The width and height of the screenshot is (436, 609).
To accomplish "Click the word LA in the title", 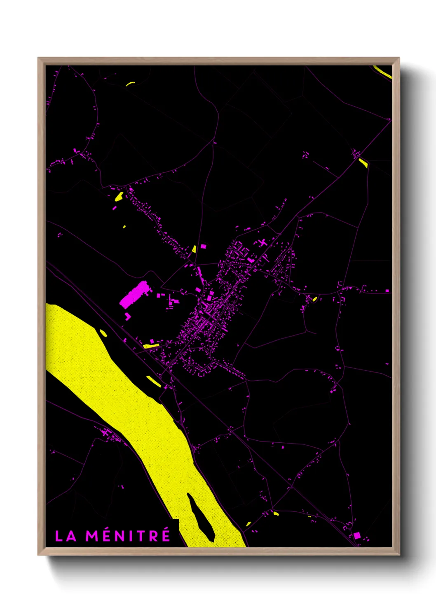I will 66,536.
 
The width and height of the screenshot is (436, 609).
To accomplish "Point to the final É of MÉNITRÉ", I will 165,535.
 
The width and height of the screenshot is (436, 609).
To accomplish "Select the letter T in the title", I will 138,536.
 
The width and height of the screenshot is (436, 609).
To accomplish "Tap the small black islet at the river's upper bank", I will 103,333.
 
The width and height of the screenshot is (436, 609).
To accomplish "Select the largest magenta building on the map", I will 134,294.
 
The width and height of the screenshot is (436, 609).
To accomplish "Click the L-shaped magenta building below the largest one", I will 128,316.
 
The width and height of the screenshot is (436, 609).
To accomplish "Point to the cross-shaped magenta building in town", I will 263,243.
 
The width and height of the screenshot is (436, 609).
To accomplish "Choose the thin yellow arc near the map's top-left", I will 130,84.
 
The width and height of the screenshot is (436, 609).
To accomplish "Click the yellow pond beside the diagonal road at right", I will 363,163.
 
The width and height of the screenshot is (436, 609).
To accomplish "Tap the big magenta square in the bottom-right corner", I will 357,535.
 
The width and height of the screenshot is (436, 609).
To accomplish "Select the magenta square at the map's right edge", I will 387,291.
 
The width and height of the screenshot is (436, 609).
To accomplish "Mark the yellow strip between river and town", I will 154,381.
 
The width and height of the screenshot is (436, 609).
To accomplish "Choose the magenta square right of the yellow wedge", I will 203,246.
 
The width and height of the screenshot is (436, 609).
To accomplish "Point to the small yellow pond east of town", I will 315,299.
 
